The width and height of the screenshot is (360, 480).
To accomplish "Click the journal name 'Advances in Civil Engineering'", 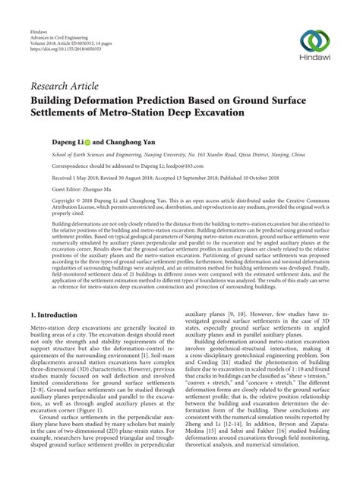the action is click(61, 23).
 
